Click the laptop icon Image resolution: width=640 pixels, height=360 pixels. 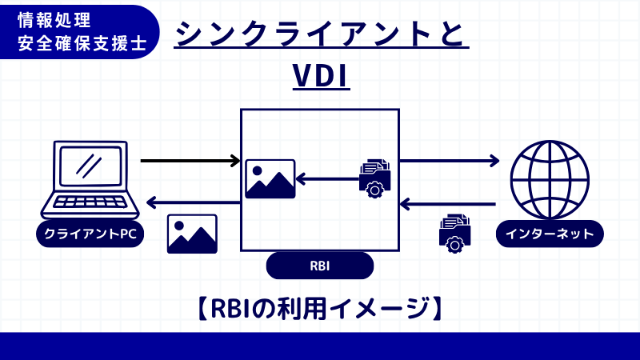[90, 180]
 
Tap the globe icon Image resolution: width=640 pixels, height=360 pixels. [550, 179]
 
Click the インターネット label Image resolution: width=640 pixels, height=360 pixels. [550, 234]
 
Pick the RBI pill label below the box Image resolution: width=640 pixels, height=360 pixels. [320, 266]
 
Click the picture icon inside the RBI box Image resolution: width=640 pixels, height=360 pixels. [270, 179]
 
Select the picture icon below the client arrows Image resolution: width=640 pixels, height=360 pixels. [192, 234]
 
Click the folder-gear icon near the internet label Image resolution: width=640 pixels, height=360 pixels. [454, 233]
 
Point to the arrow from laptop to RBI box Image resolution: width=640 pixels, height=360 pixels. [190, 161]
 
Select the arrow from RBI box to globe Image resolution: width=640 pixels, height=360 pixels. [449, 161]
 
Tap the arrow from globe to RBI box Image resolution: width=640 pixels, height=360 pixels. [447, 205]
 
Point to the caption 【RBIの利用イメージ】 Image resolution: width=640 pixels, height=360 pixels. [320, 309]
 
